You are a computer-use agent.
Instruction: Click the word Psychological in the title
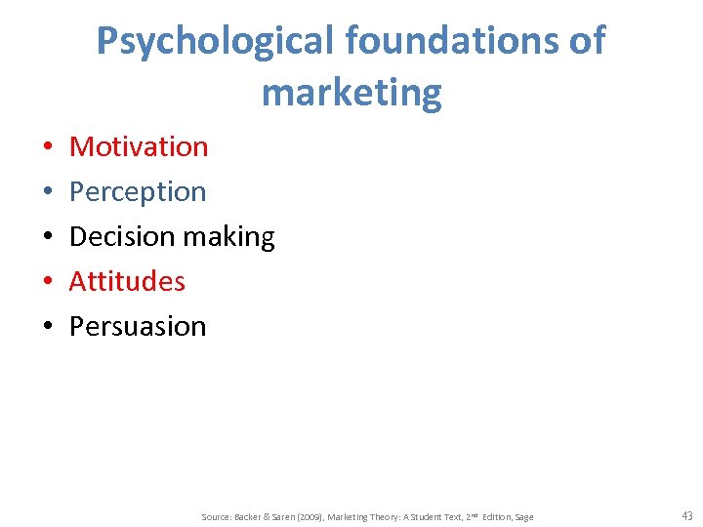click(x=214, y=41)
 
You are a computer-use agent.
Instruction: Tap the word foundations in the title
click(x=451, y=41)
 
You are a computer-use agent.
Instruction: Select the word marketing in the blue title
click(x=351, y=93)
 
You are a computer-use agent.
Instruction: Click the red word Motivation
click(x=139, y=146)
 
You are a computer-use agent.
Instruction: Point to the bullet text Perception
click(x=138, y=191)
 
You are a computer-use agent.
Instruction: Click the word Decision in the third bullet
click(x=114, y=236)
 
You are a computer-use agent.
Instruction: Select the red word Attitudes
click(x=127, y=281)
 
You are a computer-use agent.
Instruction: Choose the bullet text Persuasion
click(x=138, y=326)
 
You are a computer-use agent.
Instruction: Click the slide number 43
click(x=686, y=516)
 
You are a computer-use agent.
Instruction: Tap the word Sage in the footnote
click(x=524, y=517)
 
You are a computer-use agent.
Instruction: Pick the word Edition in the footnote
click(x=494, y=517)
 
